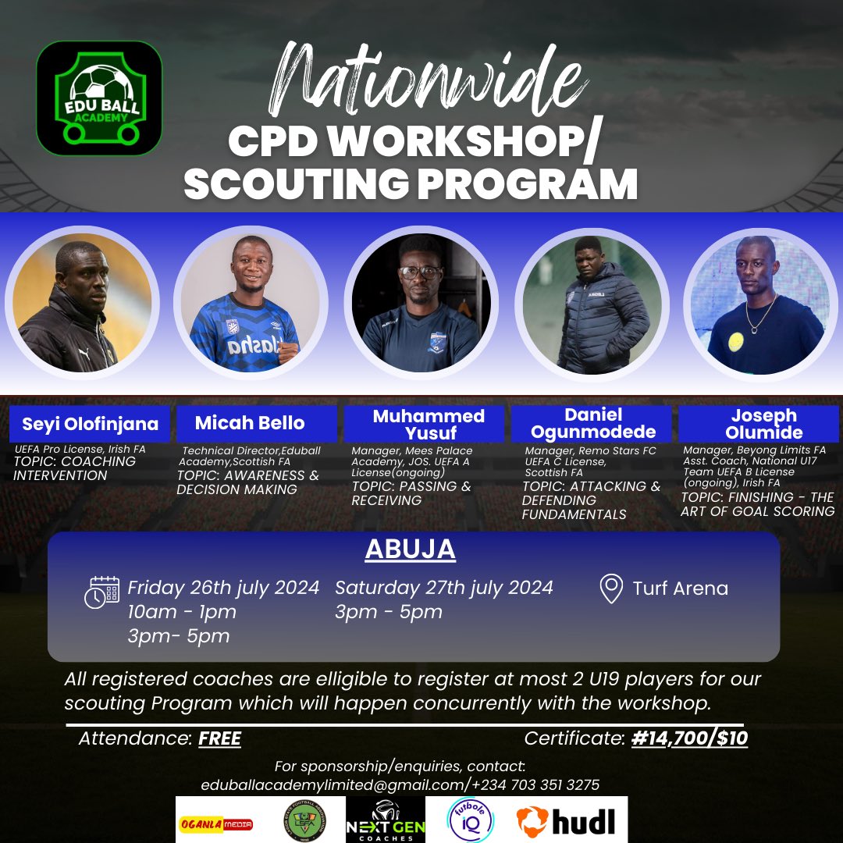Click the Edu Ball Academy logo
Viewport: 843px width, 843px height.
[99, 98]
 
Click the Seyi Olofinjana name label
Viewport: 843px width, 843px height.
[90, 424]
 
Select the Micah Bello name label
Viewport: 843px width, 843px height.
[250, 423]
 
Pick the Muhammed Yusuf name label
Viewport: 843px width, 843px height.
[429, 424]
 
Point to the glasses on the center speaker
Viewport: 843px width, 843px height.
[419, 272]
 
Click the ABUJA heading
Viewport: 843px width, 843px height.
[410, 549]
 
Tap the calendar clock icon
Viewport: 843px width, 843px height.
[101, 592]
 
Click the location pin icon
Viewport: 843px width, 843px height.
[610, 589]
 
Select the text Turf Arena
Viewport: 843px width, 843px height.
[680, 589]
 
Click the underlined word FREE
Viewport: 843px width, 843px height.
[219, 738]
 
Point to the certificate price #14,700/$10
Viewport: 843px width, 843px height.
[689, 738]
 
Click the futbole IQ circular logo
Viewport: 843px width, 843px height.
[470, 820]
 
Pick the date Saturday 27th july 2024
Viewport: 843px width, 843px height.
[443, 587]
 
